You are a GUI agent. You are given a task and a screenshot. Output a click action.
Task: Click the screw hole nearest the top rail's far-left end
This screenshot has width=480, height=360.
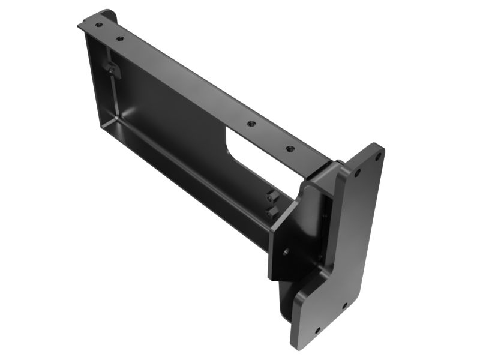(98, 25)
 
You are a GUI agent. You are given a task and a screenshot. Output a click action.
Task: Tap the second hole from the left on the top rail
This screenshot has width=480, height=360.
(121, 38)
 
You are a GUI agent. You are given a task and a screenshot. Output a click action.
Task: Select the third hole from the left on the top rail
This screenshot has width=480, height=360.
(251, 124)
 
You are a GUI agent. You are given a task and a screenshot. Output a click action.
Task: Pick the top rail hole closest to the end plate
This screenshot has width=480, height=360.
(290, 148)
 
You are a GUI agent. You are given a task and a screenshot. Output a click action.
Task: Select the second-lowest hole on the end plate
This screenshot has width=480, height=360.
(344, 306)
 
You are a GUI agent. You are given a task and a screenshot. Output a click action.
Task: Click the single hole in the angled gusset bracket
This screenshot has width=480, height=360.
(286, 252)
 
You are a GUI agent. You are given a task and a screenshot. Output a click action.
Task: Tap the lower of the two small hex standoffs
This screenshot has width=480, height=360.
(269, 212)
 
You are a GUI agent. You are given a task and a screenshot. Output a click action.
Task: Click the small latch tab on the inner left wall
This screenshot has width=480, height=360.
(111, 68)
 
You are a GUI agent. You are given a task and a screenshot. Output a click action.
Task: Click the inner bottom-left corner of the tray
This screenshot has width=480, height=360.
(104, 122)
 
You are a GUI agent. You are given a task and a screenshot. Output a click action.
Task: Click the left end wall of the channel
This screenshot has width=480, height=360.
(96, 78)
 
